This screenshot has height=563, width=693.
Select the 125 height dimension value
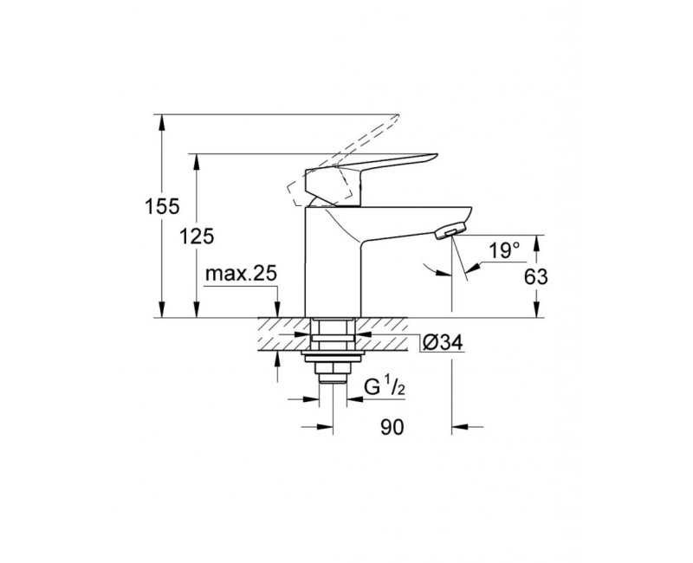click(x=198, y=236)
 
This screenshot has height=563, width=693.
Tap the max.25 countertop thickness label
click(x=240, y=275)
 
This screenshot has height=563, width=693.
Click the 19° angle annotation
click(x=503, y=250)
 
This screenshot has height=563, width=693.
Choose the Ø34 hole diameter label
click(x=443, y=343)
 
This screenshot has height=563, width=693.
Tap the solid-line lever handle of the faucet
click(x=381, y=164)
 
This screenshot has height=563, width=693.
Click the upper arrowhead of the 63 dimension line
click(x=538, y=242)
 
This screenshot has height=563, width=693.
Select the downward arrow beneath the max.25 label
click(x=276, y=310)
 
